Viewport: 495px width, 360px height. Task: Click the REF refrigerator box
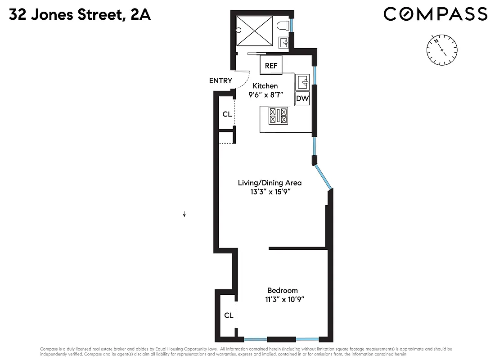pos(271,65)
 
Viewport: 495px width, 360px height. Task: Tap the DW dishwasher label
pos(302,99)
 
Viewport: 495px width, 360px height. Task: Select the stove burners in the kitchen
pos(278,116)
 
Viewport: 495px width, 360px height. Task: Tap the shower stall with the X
pos(255,31)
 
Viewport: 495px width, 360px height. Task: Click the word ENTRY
pos(220,81)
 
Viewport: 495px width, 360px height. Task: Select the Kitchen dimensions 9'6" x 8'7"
pos(265,95)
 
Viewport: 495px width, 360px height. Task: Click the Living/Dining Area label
pos(270,183)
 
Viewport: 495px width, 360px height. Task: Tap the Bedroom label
pos(282,290)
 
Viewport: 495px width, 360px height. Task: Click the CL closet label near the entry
pos(227,114)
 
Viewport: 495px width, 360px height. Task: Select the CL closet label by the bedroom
pos(229,315)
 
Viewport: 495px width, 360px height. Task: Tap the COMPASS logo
pos(435,14)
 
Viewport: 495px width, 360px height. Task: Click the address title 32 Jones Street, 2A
pos(79,15)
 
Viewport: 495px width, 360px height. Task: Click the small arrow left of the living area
pos(184,215)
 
